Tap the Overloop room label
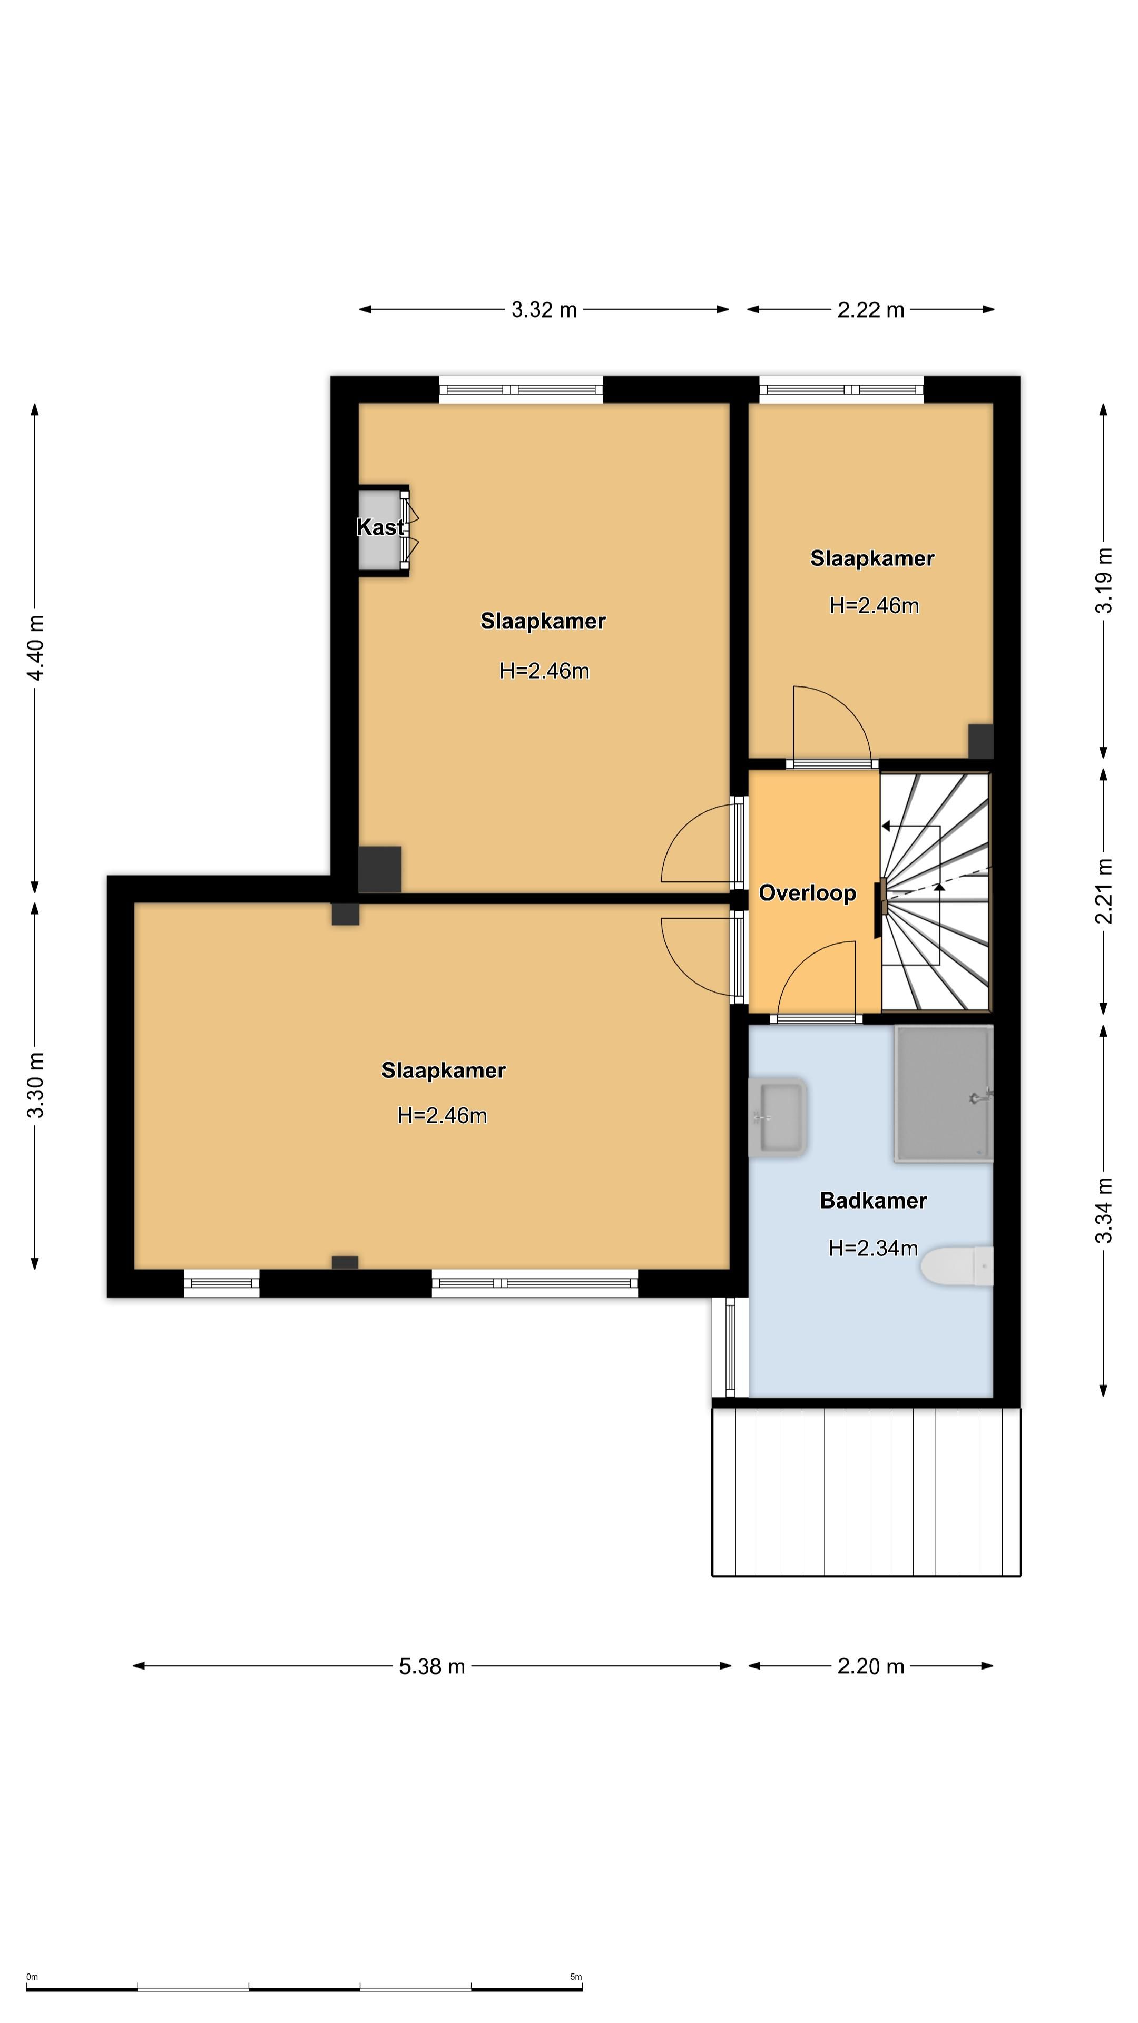point(807,893)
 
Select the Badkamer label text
point(874,1201)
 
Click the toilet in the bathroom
point(957,1266)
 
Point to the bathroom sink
point(778,1117)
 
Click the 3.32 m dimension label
point(544,310)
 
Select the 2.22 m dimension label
point(871,310)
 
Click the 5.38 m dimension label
point(432,1666)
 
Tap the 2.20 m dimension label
point(871,1666)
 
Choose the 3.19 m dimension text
point(1104,581)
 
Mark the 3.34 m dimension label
point(1104,1211)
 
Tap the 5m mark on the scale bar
point(576,1977)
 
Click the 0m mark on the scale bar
point(32,1977)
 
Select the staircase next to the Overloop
point(936,892)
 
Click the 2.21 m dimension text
point(1104,891)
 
